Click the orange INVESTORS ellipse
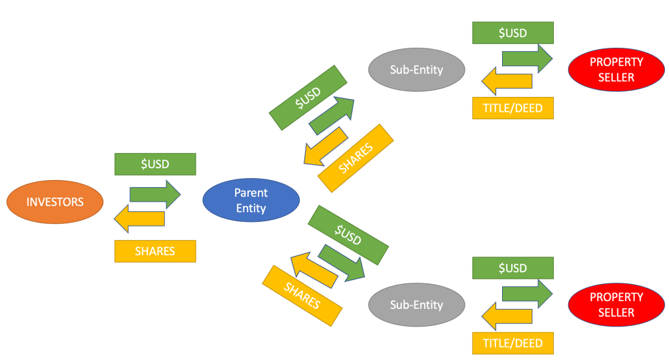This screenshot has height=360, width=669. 55,202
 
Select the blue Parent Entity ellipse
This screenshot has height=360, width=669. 251,200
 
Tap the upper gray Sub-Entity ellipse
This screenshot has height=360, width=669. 416,69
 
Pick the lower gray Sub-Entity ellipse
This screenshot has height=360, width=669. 416,305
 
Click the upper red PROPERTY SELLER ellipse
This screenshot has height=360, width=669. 616,69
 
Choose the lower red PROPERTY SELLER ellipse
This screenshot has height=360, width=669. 616,305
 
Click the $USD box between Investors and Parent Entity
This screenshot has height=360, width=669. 155,164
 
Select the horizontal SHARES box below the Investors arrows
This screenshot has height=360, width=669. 155,251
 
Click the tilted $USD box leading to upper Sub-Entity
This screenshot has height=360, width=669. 308,97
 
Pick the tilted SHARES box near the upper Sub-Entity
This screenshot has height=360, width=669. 355,158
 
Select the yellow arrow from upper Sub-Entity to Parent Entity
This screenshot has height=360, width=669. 325,147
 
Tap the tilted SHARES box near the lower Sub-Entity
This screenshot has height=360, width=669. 302,295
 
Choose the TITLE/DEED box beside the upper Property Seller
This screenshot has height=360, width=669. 513,108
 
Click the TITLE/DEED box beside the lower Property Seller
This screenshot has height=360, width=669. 513,343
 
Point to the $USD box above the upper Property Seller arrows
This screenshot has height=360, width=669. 513,33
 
